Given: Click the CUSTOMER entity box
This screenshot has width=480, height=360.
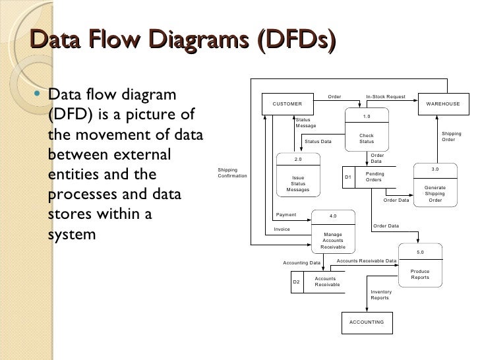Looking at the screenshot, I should [x=287, y=104].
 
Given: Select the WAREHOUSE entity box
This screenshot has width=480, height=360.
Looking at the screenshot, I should [x=443, y=104].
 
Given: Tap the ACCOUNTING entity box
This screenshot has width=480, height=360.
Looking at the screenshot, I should [x=367, y=322].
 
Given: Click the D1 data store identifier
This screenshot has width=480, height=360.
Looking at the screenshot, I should [x=348, y=177].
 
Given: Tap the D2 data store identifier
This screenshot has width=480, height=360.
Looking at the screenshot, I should [x=296, y=282].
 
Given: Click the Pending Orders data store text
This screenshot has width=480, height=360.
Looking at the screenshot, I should [x=374, y=177].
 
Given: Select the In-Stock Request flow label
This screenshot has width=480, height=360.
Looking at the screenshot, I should [x=386, y=97].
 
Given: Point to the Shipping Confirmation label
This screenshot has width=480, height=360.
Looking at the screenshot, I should [x=232, y=173].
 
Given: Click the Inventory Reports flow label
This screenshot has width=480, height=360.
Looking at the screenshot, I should [x=380, y=295].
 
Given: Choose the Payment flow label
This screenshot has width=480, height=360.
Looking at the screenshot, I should [x=286, y=215].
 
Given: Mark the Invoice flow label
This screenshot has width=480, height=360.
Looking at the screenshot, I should [x=282, y=229].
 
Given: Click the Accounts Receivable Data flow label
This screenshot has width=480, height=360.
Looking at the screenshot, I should [x=367, y=261].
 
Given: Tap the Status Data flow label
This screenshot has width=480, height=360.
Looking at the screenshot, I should [x=318, y=142].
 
